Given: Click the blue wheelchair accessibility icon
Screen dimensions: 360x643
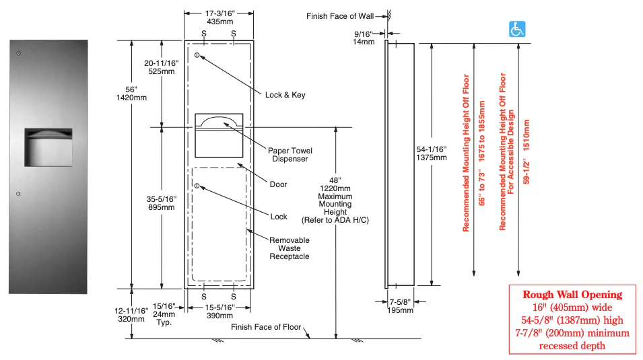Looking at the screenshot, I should (x=516, y=29).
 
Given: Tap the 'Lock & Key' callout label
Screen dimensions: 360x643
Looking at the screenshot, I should (x=285, y=95).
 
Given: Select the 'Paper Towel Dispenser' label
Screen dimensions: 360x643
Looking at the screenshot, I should (x=290, y=155).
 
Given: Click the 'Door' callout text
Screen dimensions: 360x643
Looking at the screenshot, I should (x=278, y=184).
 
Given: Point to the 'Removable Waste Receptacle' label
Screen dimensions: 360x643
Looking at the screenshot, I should (x=290, y=248).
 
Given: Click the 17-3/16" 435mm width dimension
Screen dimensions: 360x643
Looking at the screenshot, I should (x=219, y=17).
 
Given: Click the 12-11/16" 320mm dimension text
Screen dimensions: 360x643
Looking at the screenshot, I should (x=131, y=314).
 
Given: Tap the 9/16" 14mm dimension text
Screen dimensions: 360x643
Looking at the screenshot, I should (x=363, y=38).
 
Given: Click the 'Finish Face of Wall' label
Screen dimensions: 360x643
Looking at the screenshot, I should (x=339, y=15).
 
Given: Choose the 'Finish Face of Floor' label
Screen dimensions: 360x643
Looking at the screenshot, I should (x=265, y=327).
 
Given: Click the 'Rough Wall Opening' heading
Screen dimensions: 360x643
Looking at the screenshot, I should (x=572, y=295).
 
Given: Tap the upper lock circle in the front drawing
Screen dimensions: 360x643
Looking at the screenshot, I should (x=197, y=55).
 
